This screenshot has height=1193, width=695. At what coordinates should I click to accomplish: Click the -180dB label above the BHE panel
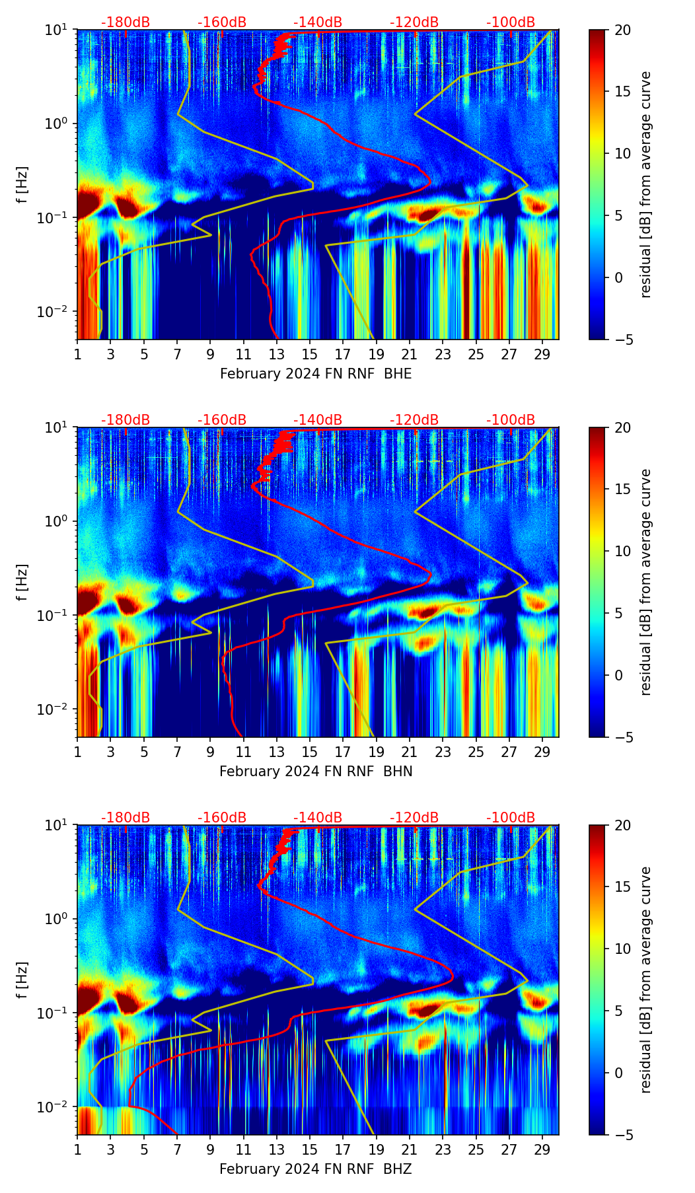[126, 22]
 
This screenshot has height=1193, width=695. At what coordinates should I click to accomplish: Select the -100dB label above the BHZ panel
[511, 818]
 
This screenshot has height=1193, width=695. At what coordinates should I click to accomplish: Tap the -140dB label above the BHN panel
[318, 420]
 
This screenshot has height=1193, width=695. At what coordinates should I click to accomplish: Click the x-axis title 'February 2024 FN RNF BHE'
[316, 374]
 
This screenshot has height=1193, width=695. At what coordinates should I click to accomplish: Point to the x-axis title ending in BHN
[316, 772]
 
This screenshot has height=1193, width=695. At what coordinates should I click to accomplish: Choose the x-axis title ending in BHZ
[316, 1169]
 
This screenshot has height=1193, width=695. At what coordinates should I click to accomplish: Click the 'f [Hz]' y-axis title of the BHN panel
[22, 582]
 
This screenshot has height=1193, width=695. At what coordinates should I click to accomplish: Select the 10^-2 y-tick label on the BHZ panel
[58, 1106]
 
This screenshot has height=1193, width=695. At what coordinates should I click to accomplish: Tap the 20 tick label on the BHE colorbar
[622, 30]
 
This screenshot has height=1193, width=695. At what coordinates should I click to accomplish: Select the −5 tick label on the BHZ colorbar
[622, 1135]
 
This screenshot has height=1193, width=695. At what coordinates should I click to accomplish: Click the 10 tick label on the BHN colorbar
[622, 551]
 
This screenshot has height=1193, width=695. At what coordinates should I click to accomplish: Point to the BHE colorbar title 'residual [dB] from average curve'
[646, 184]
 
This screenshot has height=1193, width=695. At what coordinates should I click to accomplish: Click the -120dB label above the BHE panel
[414, 22]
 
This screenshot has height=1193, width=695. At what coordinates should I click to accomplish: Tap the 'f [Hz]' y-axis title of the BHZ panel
[22, 980]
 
